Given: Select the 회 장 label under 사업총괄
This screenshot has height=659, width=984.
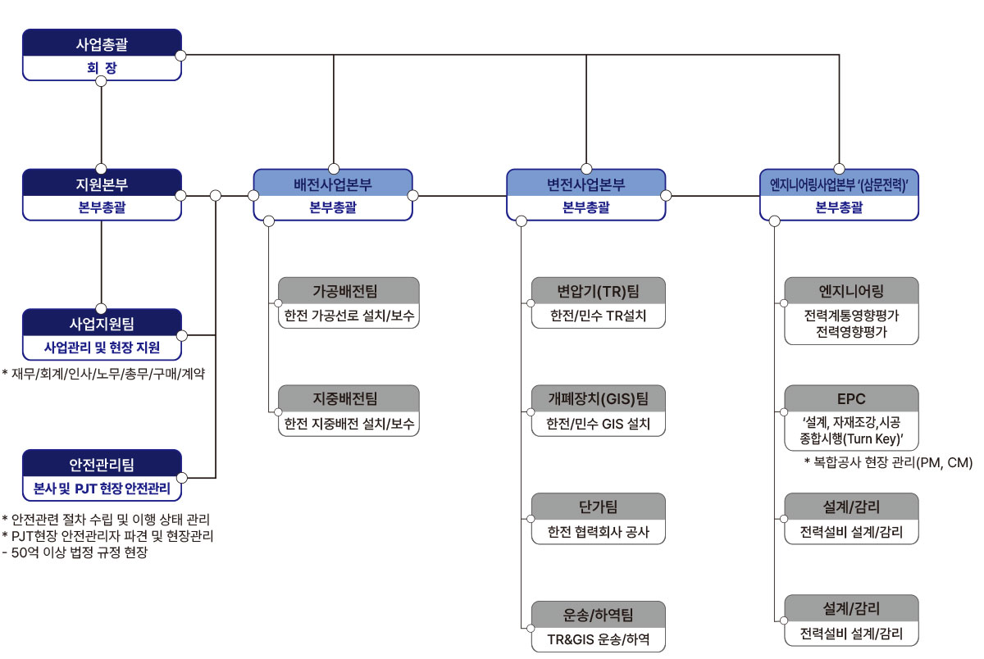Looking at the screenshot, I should (102, 68).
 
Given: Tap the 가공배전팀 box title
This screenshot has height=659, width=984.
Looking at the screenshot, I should (348, 291).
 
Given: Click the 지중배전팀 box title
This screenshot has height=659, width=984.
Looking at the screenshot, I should (348, 399).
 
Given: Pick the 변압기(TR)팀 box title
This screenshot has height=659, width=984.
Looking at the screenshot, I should (598, 291).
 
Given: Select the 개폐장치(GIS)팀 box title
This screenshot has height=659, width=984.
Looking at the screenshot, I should (598, 399).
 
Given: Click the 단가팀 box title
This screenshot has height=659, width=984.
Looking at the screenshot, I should (598, 507).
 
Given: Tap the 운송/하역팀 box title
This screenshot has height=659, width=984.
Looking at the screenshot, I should (598, 614).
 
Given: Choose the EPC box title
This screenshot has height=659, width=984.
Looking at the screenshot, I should (851, 399).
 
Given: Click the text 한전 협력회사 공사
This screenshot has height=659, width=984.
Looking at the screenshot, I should (598, 531).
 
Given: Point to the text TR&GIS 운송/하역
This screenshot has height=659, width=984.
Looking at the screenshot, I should (598, 639).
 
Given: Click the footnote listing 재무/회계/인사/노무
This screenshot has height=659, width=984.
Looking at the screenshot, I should (105, 374).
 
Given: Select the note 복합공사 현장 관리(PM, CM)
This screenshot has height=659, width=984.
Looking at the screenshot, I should (888, 462).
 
